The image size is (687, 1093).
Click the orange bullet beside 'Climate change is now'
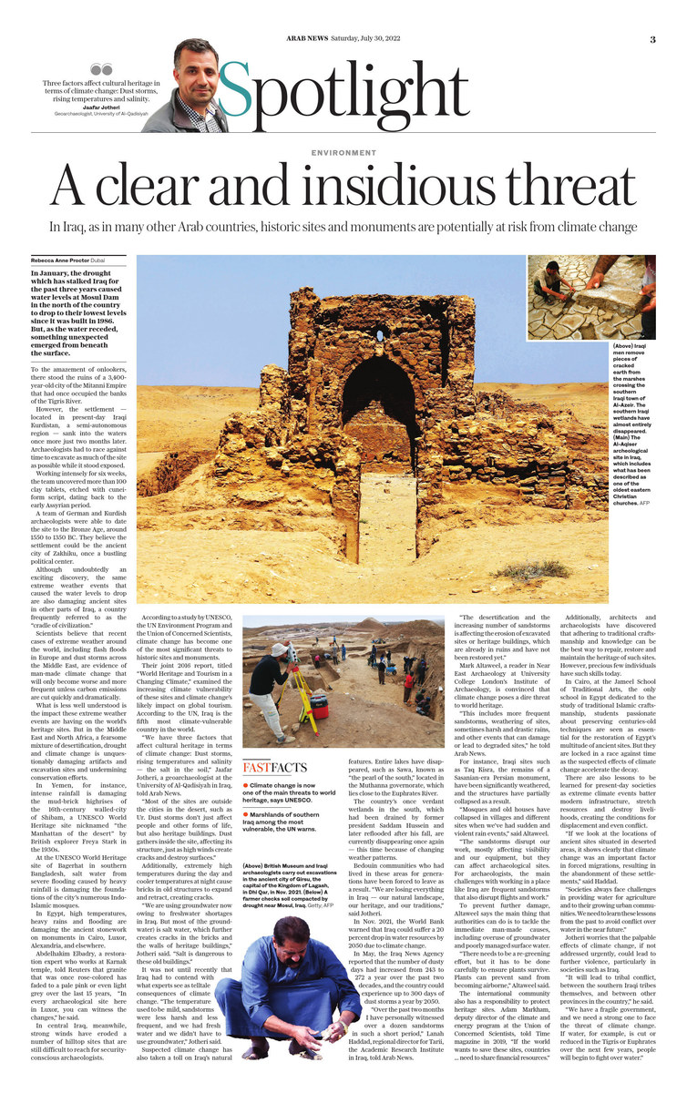click(246, 784)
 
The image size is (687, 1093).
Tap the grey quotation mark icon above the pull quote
click(102, 67)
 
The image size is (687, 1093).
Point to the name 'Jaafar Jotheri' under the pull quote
click(102, 107)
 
